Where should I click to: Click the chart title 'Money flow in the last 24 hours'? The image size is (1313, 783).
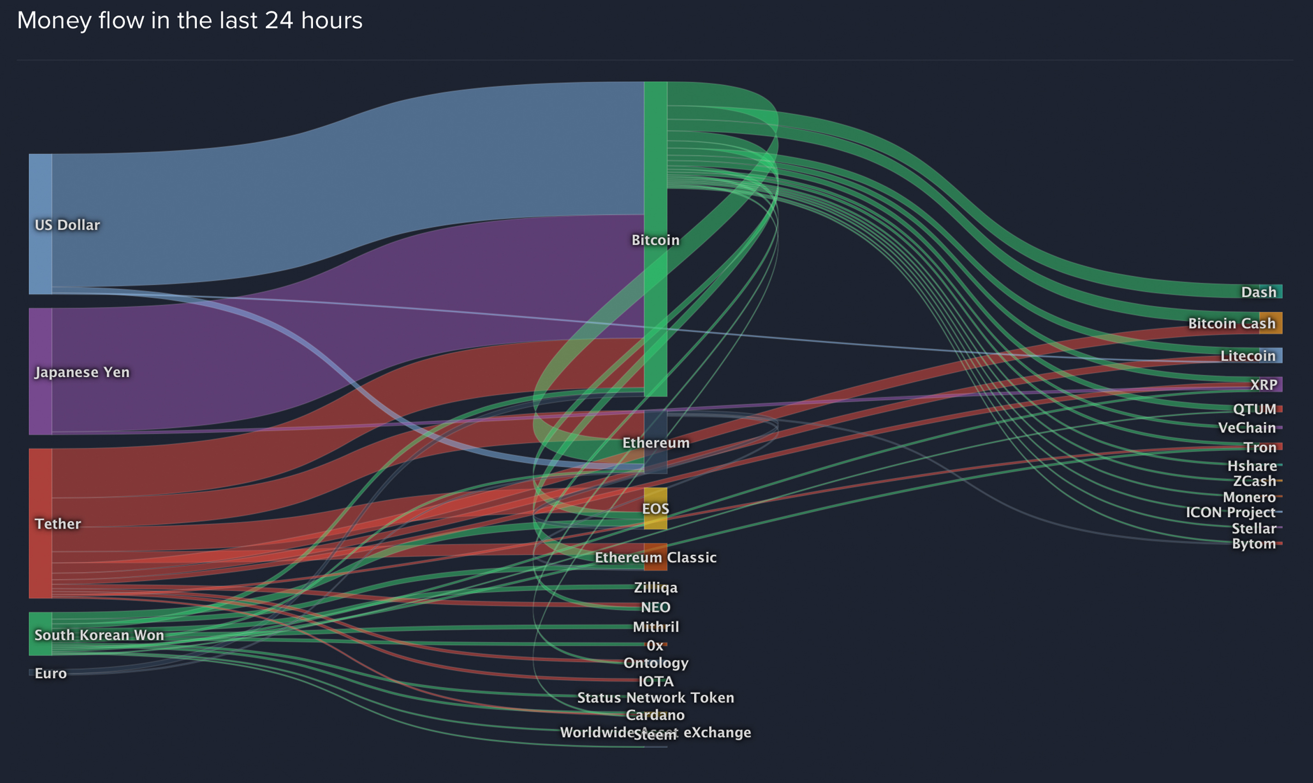189,21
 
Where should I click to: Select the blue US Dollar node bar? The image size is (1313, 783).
40,224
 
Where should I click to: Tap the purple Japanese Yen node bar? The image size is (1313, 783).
40,371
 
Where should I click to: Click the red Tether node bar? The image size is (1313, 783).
40,523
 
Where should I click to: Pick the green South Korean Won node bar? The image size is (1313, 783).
40,634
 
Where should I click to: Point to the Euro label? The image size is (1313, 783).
51,673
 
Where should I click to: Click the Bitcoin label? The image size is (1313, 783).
656,240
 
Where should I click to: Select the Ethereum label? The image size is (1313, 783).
656,443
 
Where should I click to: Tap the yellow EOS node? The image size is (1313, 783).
656,508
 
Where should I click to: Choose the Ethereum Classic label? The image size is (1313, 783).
656,557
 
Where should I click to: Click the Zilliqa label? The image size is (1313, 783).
656,587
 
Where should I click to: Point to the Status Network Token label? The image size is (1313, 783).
656,697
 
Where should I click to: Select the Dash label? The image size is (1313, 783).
1258,292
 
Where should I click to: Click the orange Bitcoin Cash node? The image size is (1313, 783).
1271,323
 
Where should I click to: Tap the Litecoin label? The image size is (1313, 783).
1248,356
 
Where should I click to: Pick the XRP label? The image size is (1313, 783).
1263,385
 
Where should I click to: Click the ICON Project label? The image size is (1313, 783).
1230,512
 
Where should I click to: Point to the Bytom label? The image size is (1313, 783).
1254,543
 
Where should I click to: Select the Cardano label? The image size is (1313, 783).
655,715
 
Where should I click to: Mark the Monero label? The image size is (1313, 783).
1249,497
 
